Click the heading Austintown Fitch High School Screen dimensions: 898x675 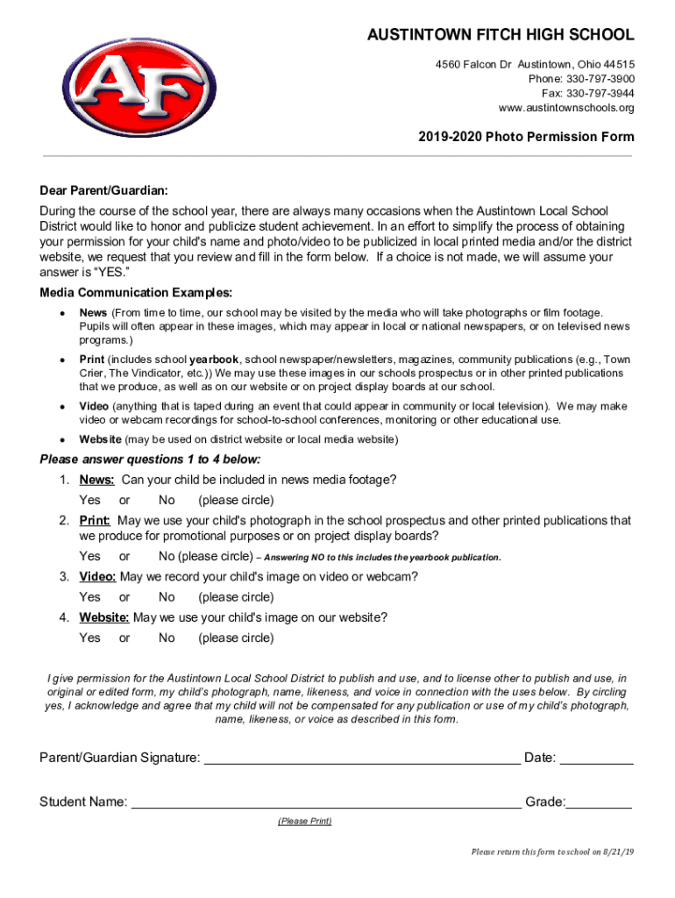pos(501,36)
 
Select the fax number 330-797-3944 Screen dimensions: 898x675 pos(599,93)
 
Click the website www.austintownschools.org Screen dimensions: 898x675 pos(565,108)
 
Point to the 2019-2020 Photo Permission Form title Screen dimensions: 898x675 pos(526,137)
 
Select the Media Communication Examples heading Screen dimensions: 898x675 pos(136,292)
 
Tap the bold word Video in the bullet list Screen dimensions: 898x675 pos(94,407)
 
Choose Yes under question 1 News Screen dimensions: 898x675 pos(89,501)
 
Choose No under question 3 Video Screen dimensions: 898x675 pos(167,597)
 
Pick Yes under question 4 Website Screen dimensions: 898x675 pos(89,638)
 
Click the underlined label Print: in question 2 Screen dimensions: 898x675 pos(95,521)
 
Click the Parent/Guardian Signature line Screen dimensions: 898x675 pos(361,759)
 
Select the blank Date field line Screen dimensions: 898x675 pos(596,759)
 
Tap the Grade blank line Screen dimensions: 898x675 pos(599,802)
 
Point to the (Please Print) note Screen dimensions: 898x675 pos(304,822)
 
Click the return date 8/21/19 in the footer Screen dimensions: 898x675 pos(615,852)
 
